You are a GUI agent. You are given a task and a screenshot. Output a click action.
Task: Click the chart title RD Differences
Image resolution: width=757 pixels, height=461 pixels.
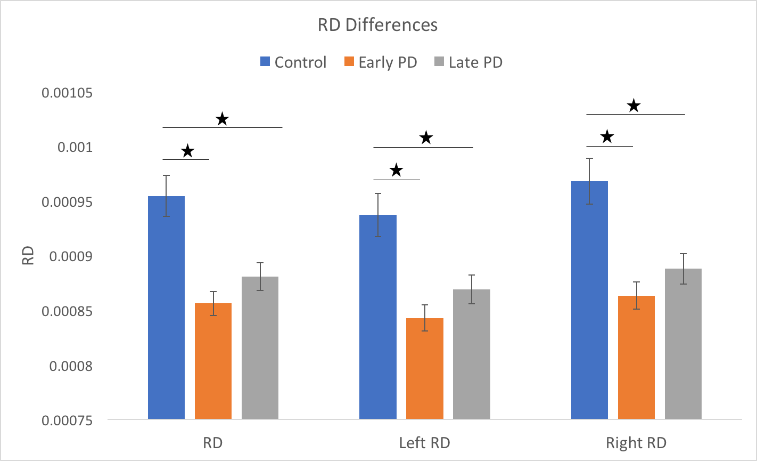377,25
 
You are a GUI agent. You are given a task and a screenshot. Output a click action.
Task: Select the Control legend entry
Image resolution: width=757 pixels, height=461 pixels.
293,62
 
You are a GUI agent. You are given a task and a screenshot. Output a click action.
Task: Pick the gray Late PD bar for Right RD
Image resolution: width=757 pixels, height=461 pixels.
683,344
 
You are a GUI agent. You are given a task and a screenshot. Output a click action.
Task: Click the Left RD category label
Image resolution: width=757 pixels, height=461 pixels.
424,443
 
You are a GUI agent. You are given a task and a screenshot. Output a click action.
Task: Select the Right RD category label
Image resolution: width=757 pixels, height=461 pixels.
636,443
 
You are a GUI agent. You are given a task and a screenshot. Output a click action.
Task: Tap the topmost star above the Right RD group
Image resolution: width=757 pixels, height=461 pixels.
633,106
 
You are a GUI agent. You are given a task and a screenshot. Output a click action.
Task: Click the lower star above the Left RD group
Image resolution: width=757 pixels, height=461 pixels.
396,171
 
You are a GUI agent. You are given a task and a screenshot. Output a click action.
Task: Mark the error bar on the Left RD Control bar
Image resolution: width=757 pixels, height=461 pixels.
377,215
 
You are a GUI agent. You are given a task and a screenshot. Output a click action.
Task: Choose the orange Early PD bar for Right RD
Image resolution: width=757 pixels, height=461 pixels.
636,358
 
